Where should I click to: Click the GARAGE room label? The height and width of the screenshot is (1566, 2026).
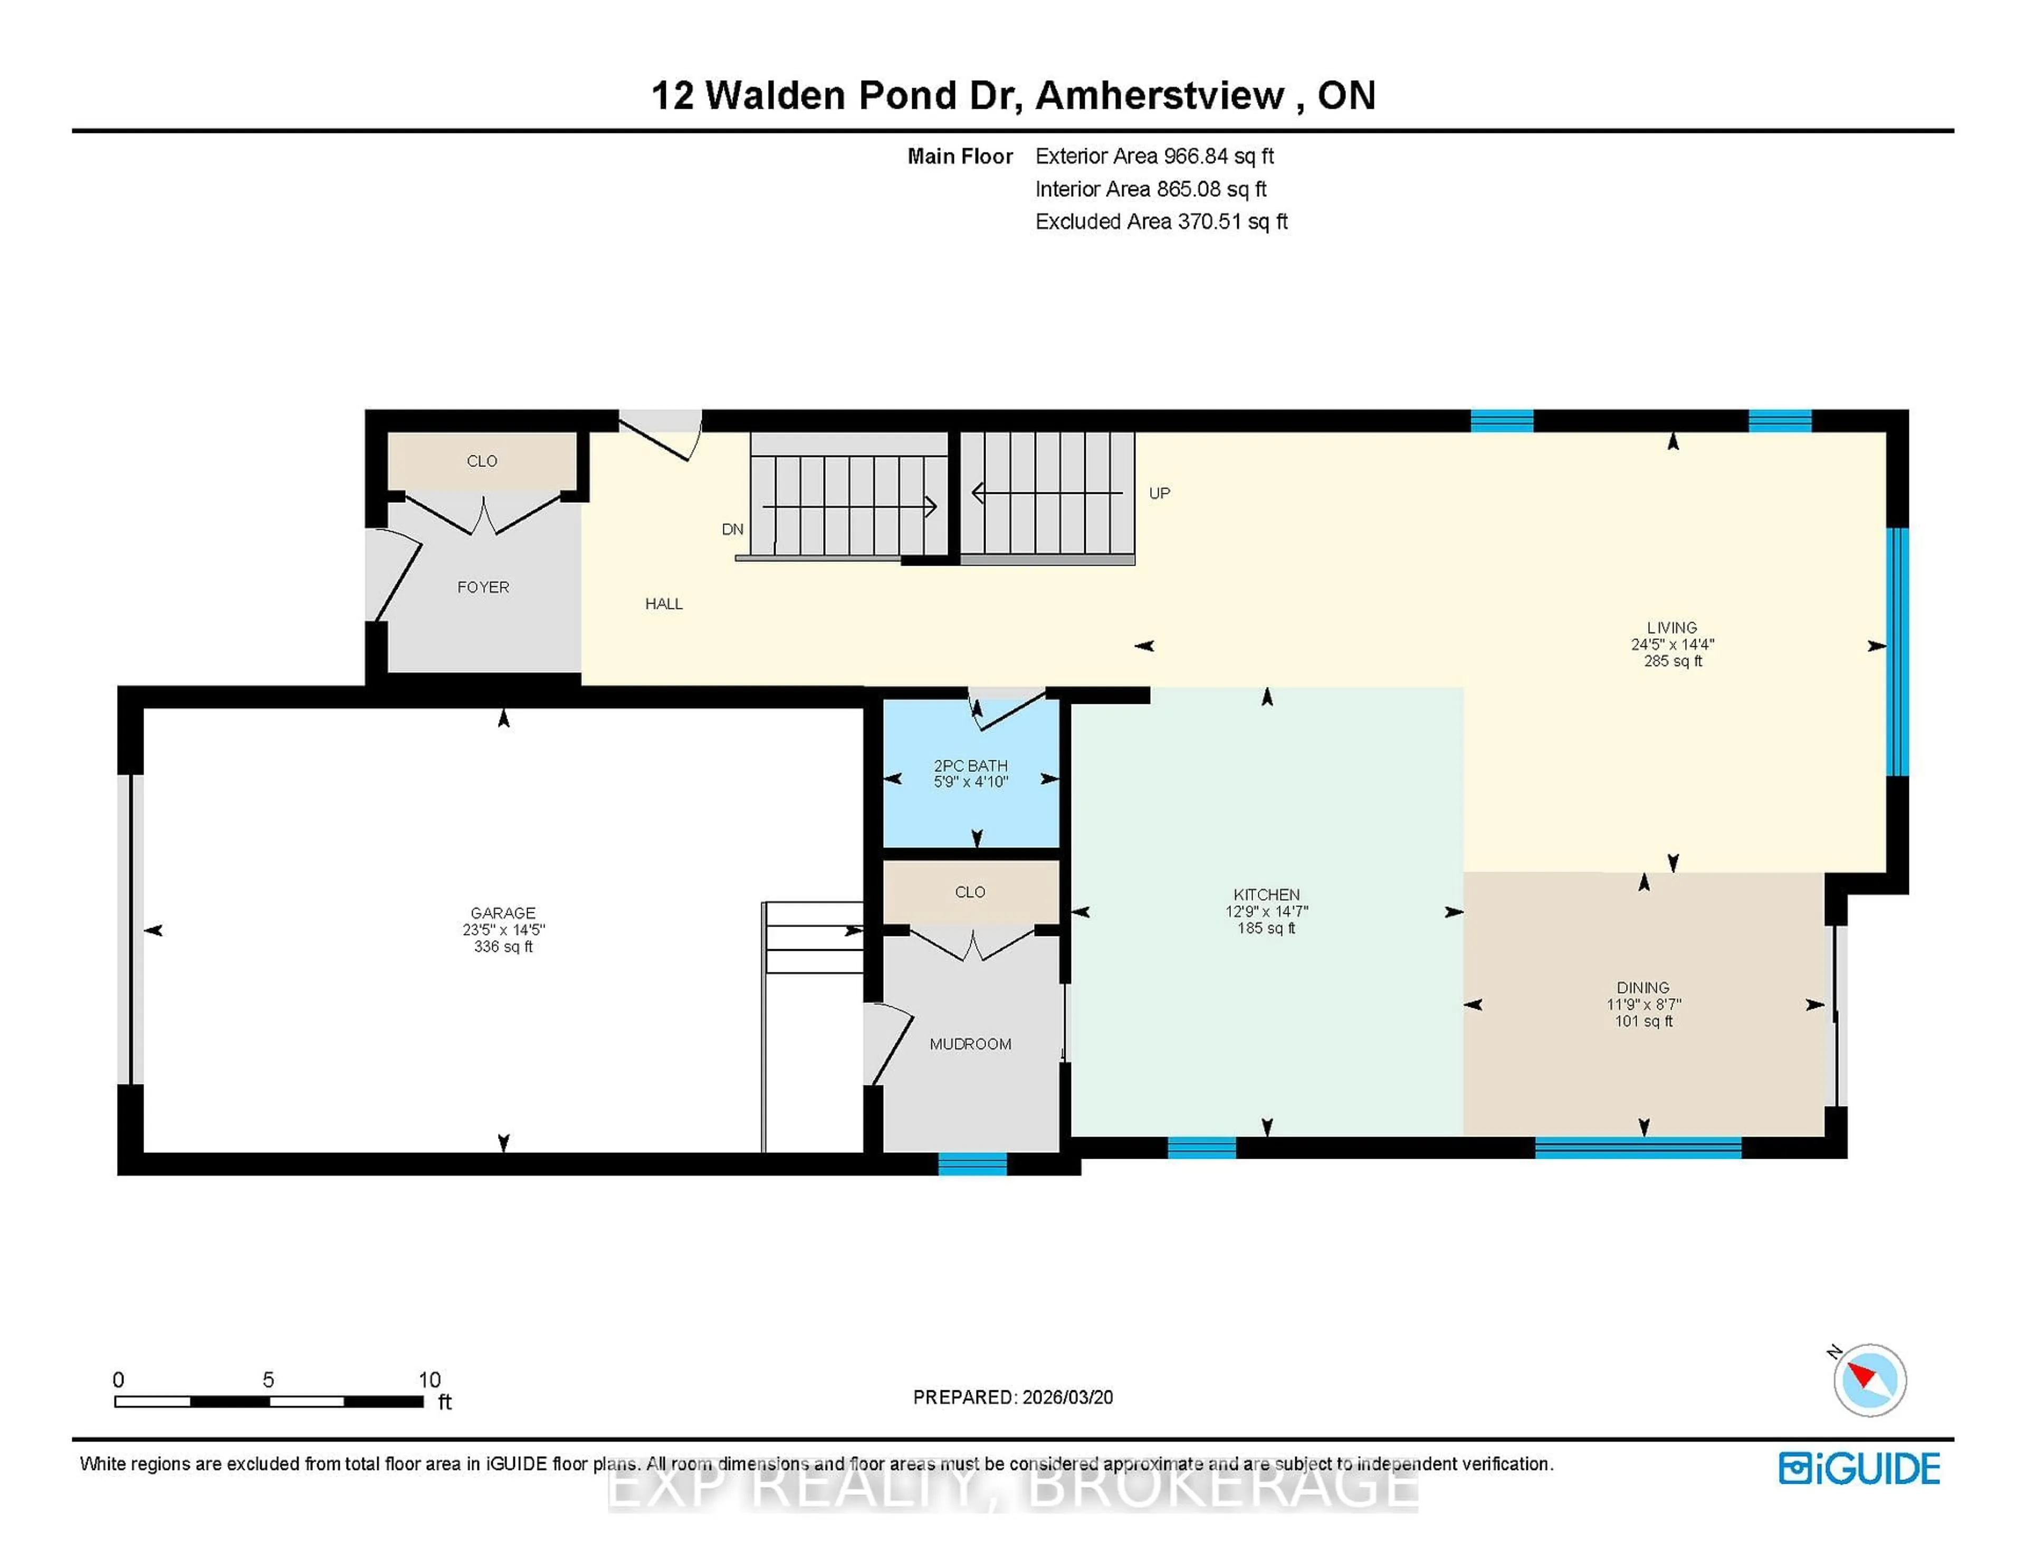[503, 913]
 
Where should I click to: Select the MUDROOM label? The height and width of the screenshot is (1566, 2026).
[970, 1044]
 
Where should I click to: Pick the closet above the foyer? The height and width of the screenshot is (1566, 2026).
[482, 461]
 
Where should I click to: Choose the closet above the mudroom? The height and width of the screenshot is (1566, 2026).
[970, 892]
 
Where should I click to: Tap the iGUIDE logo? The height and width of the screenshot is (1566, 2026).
[1859, 1468]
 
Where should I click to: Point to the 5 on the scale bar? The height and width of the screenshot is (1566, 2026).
[268, 1380]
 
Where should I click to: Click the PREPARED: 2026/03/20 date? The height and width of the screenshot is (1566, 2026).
[1013, 1397]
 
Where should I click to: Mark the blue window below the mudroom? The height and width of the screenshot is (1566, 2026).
[972, 1164]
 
